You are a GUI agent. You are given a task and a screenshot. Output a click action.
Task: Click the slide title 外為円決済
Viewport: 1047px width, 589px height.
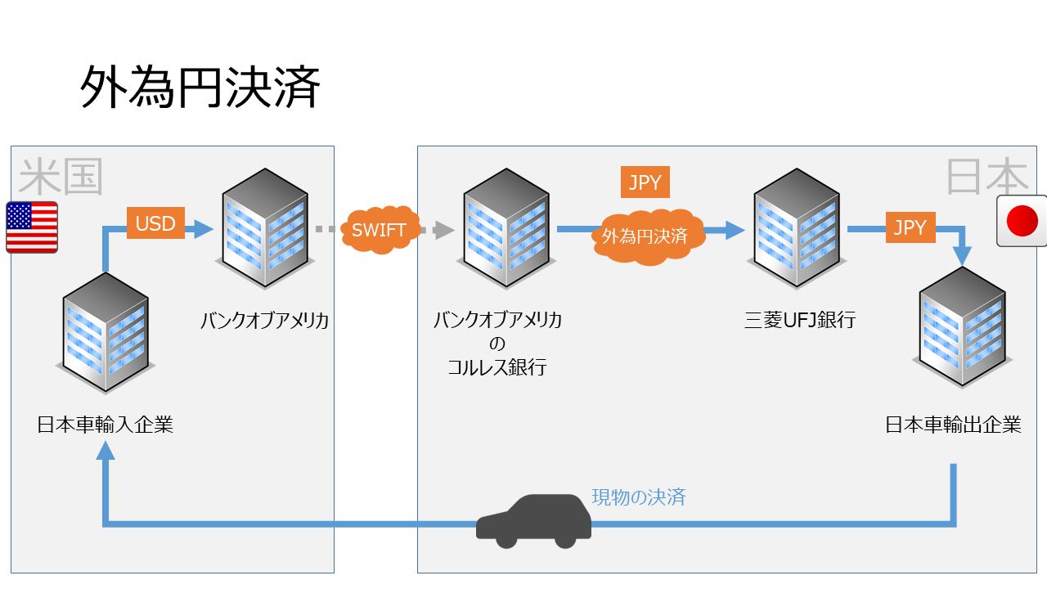[x=200, y=88]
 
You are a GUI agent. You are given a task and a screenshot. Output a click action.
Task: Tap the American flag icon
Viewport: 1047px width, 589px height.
[x=32, y=227]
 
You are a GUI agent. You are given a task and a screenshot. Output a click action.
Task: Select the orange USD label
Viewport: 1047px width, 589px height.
[x=155, y=223]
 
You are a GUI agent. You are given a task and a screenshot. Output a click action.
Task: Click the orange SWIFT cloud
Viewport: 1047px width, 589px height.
[x=380, y=230]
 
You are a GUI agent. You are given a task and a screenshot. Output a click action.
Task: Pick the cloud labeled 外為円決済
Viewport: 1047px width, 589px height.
[x=645, y=236]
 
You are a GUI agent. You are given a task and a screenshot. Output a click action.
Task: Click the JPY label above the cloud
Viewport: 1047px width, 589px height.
[x=645, y=182]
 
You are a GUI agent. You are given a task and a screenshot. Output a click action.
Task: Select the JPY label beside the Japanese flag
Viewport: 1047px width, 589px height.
[x=910, y=227]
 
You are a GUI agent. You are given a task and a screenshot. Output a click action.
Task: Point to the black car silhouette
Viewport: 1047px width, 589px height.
[x=534, y=521]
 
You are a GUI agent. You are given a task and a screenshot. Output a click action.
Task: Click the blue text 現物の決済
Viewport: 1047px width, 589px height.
[x=639, y=497]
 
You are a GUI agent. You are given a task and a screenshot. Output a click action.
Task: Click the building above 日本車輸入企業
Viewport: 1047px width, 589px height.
[x=105, y=331]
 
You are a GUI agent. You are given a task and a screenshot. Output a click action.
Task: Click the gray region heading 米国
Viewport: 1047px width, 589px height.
[x=61, y=177]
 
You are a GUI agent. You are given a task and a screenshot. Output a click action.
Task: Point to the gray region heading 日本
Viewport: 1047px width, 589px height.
[x=986, y=176]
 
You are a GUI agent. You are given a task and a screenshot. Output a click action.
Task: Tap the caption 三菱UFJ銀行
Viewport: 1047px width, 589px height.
[x=800, y=320]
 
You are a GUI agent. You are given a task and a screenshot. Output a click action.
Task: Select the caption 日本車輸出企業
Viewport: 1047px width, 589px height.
[x=954, y=425]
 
